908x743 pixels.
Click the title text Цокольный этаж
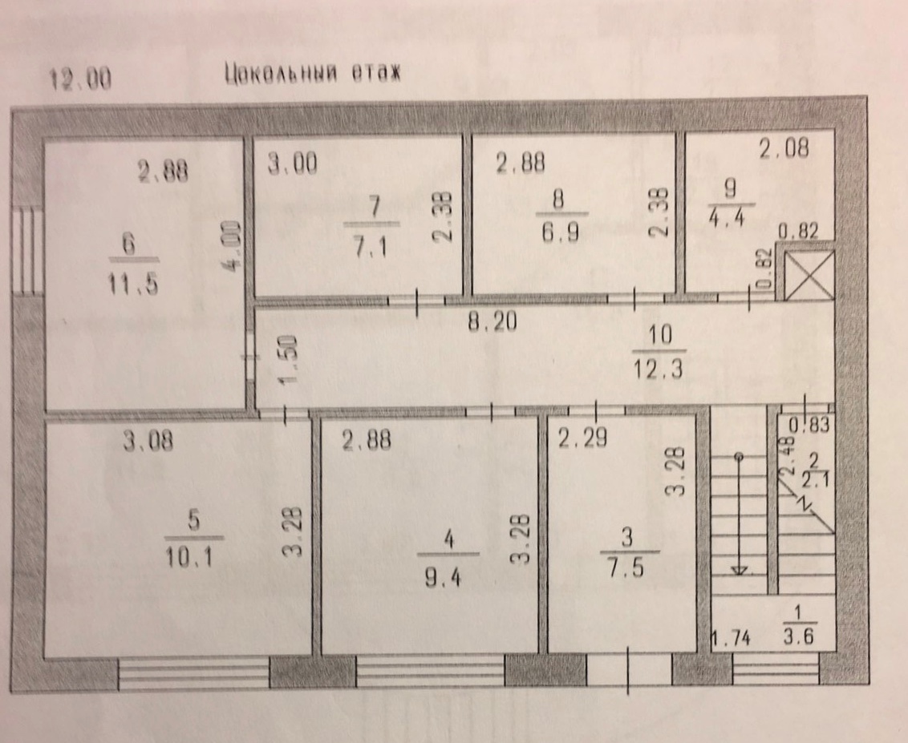coord(313,74)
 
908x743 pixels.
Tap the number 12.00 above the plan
coord(80,79)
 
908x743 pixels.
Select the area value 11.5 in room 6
coord(132,284)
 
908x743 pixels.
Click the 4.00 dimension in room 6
coord(232,245)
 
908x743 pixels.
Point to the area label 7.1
coord(371,247)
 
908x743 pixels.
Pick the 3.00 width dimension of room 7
coord(293,164)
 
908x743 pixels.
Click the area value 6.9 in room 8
coord(561,232)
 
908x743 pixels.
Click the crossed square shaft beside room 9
coord(809,276)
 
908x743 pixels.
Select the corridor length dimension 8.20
coord(493,321)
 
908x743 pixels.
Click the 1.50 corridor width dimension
coord(288,359)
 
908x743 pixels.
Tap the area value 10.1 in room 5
coord(188,557)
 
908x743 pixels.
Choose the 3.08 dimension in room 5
coord(148,442)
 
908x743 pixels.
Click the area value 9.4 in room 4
coord(443,577)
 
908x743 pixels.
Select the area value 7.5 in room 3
coord(626,567)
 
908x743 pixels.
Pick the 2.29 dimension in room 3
coord(582,438)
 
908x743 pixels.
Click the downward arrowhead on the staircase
coord(739,570)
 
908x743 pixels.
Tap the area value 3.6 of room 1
coord(799,636)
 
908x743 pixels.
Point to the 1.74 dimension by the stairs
coord(730,638)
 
